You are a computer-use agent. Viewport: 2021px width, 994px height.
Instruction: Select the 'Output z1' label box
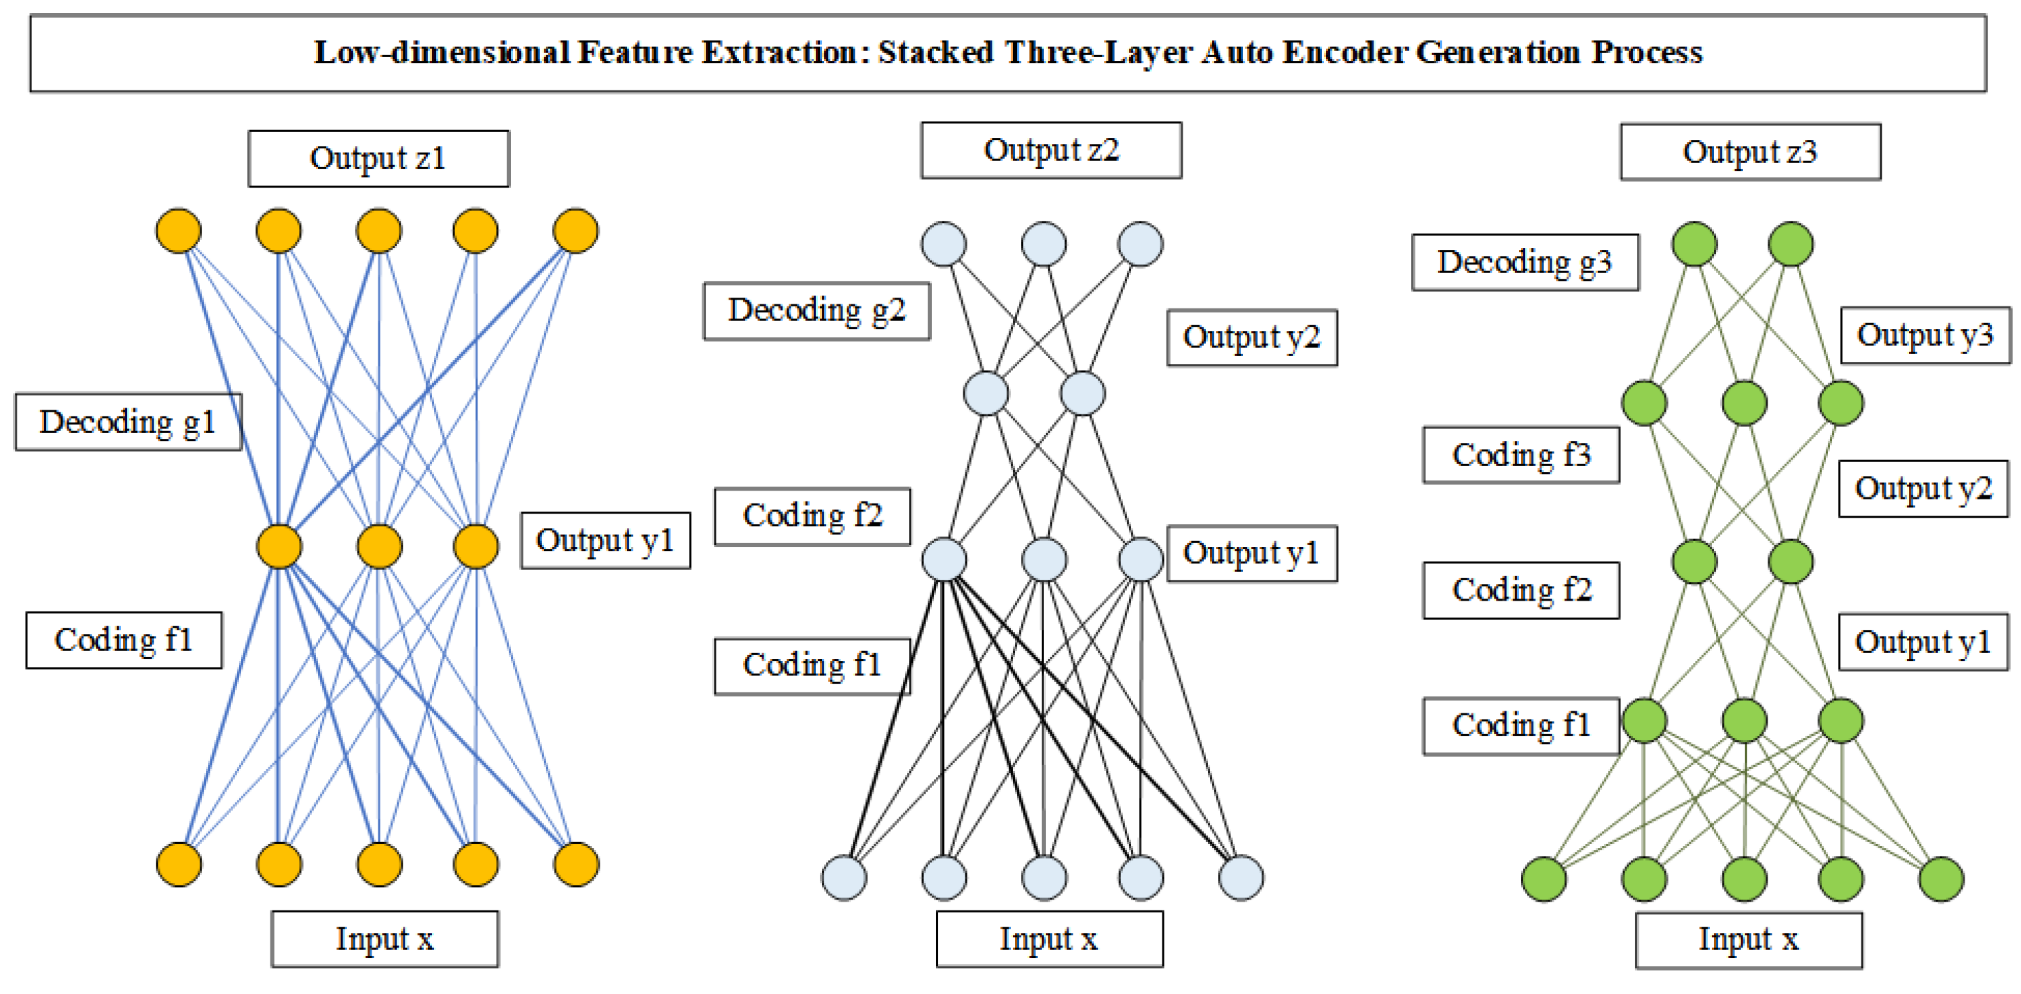coord(378,158)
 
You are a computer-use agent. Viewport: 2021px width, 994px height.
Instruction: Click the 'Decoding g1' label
coord(128,422)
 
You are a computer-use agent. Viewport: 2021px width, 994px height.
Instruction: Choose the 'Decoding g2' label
coord(816,310)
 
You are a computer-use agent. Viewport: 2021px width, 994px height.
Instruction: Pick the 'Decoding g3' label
coord(1524,262)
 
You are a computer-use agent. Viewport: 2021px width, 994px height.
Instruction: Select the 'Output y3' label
coord(1925,335)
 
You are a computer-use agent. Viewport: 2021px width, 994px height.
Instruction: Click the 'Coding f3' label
coord(1520,455)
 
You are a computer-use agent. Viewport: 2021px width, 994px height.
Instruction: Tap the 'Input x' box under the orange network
coord(384,938)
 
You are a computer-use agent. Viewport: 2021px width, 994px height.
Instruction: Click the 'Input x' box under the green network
coord(1748,939)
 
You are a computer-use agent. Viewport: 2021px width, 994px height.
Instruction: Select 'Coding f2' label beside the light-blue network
coord(812,516)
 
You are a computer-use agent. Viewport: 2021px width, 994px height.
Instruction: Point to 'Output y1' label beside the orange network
coord(605,541)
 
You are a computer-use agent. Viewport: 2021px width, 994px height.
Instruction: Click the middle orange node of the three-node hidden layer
coord(379,546)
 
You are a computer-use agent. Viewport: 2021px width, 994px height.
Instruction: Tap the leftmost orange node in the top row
coord(179,230)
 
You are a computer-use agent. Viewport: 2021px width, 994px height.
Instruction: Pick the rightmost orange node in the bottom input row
coord(576,864)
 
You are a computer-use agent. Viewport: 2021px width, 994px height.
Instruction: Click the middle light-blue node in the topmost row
coord(1043,244)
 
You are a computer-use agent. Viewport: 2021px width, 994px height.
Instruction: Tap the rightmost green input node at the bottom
coord(1941,878)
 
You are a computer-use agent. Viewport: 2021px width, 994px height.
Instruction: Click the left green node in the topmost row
coord(1695,244)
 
